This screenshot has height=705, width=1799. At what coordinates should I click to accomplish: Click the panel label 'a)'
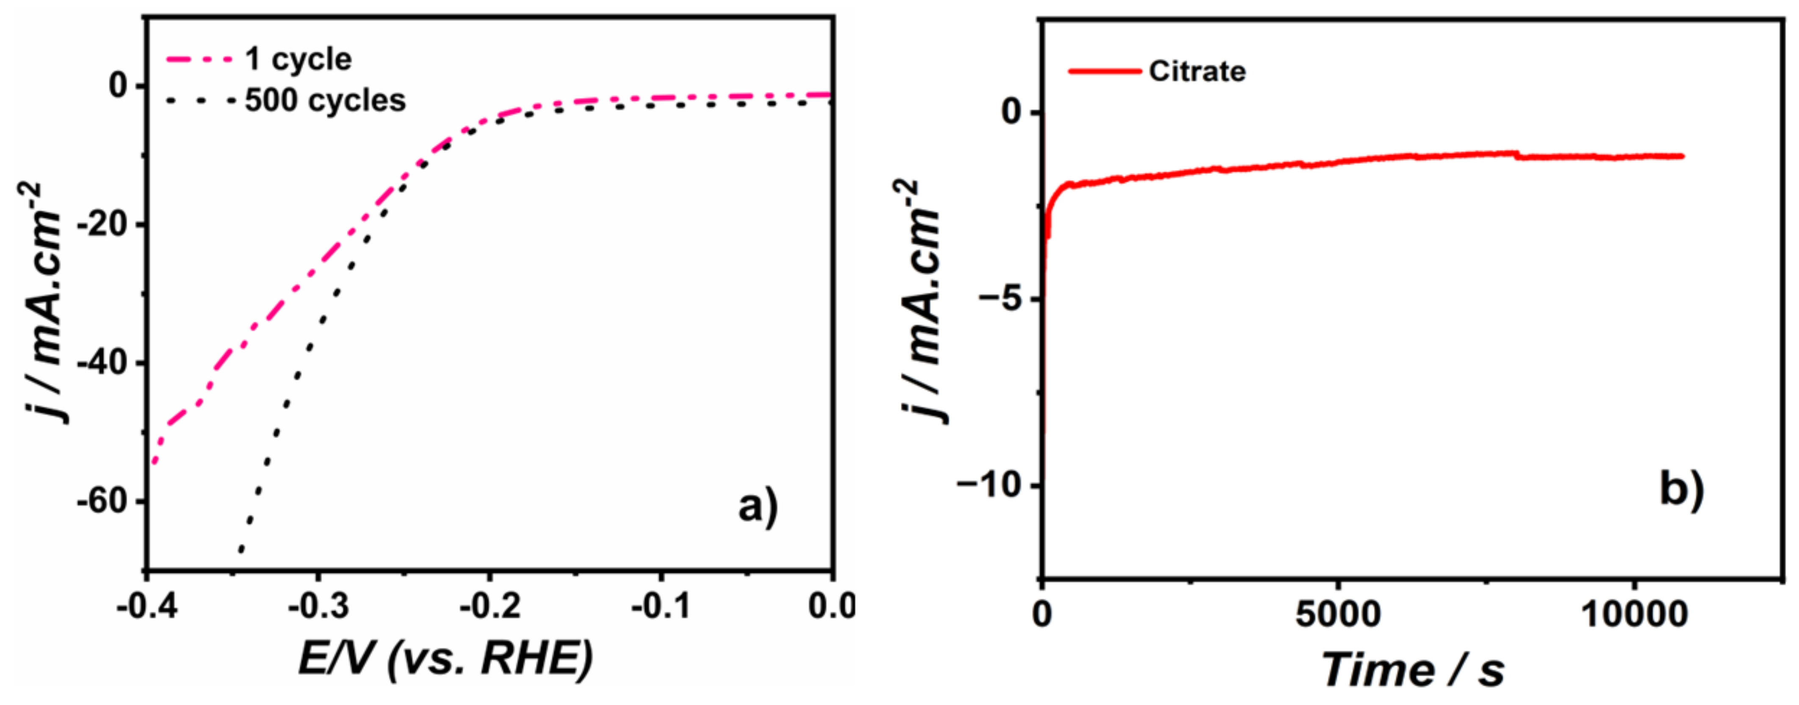(x=758, y=507)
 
